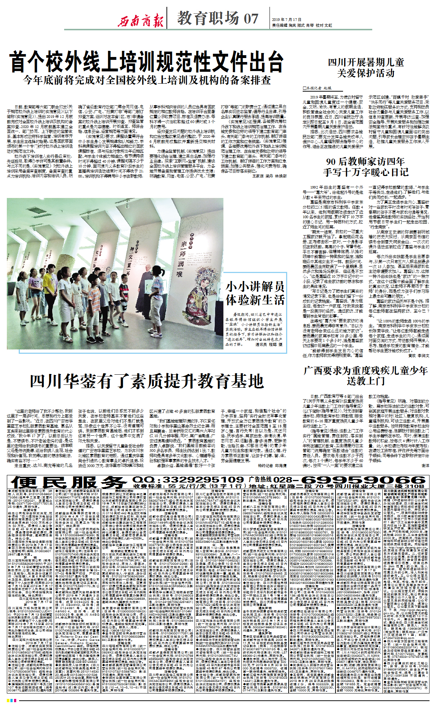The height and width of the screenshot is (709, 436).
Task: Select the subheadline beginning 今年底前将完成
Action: [x=147, y=80]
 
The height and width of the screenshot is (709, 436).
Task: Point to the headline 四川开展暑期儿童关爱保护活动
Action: [x=366, y=68]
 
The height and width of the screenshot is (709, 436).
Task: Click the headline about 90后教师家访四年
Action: [x=366, y=167]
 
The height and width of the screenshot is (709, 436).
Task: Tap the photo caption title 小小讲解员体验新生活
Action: [x=255, y=293]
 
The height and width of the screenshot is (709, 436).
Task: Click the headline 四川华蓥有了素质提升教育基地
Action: [x=147, y=381]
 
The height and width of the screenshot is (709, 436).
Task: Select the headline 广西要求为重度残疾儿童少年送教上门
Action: [x=366, y=375]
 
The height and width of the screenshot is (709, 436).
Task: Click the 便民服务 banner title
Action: [x=68, y=482]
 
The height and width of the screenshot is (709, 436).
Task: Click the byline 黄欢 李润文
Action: [x=418, y=356]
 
